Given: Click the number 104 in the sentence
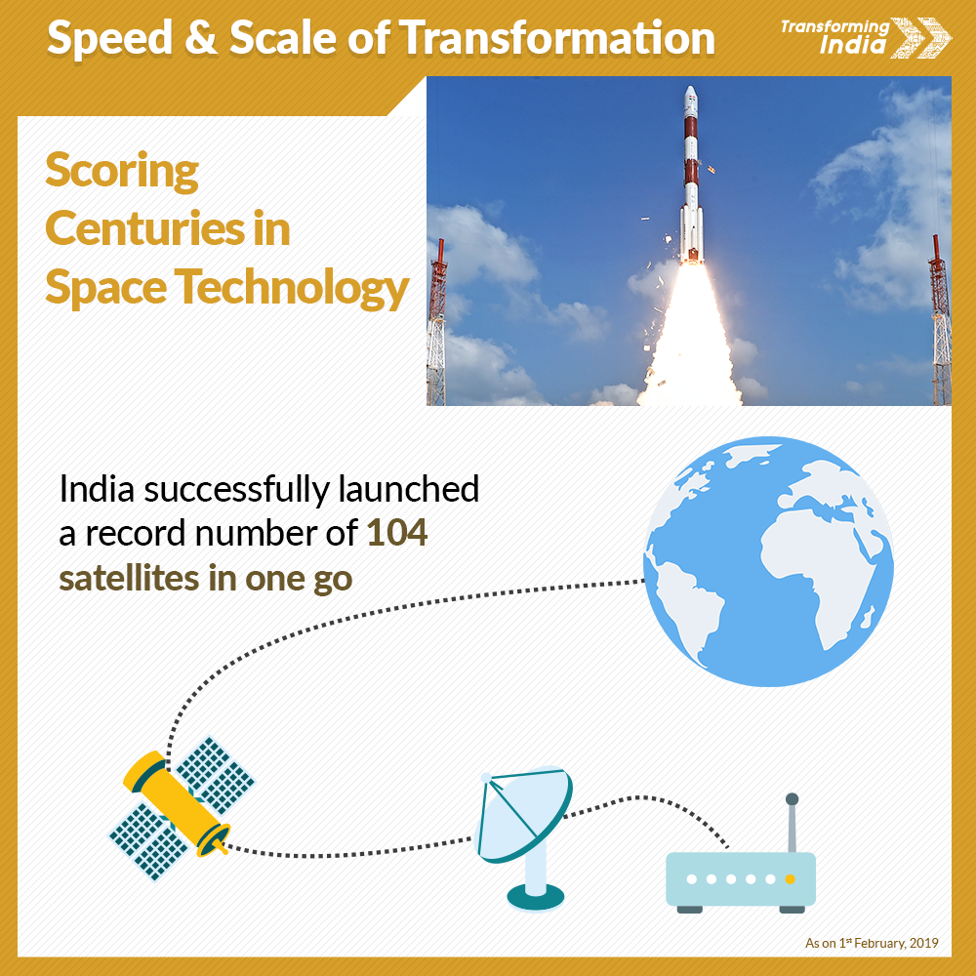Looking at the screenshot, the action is point(396,533).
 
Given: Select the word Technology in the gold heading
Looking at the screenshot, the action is point(291,288).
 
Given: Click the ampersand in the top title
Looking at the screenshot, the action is point(201,38).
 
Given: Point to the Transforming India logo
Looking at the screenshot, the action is point(865,37).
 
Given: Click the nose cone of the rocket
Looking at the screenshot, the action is point(691,97).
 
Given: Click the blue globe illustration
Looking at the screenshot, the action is point(768,561).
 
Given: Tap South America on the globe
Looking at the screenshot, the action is point(691,609).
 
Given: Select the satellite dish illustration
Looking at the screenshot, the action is point(524,838).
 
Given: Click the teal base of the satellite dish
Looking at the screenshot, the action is point(535,898).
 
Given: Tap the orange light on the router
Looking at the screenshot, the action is point(791,879).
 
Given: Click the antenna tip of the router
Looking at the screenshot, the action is point(792,799).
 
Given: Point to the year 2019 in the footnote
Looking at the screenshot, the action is point(923,943).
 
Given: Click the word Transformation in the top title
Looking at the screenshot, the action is point(556,38).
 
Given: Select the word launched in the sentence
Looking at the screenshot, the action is point(409,489).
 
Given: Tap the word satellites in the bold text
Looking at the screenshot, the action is point(129,578).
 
